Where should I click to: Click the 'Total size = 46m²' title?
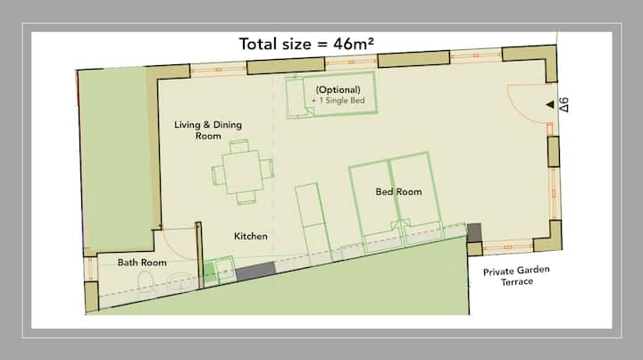306,44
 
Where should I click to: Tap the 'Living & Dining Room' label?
208,130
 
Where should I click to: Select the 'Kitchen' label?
251,236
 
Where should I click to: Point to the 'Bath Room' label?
142,263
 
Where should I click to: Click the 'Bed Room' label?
398,191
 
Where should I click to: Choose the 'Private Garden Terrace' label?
516,275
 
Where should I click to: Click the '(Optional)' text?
338,90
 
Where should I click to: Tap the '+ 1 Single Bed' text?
338,100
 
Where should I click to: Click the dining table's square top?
243,172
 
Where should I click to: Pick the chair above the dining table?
239,146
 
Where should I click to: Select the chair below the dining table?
246,197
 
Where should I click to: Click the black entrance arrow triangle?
550,105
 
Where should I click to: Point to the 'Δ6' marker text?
564,105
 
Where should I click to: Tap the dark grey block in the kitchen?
255,272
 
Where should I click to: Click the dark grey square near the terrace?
473,232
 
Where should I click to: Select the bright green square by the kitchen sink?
209,273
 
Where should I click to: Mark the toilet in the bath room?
146,284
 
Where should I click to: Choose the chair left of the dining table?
218,176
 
